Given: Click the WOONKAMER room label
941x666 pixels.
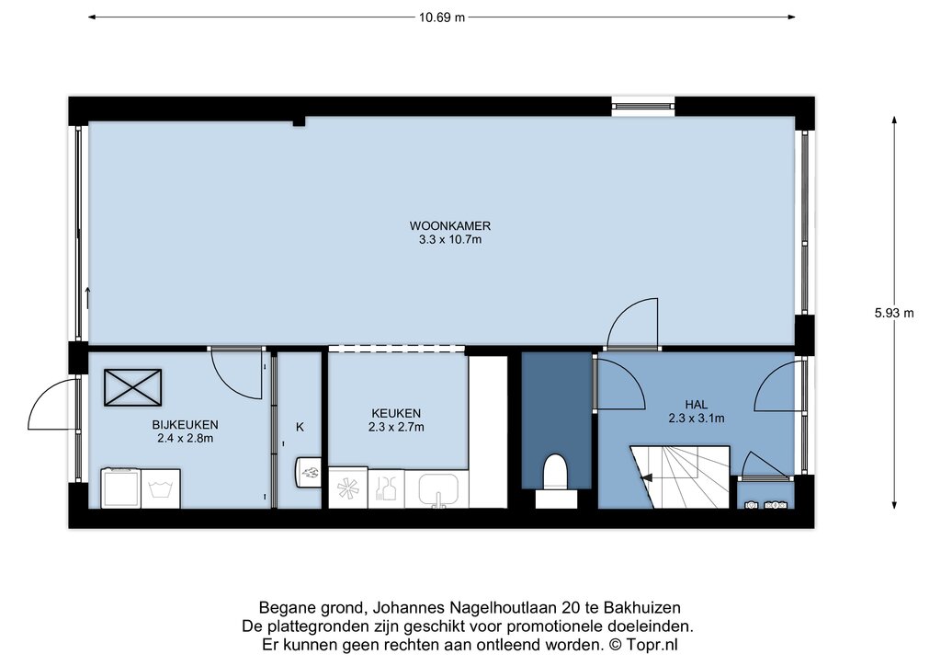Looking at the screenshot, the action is pyautogui.click(x=450, y=226).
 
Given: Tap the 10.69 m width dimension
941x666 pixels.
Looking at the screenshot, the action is pyautogui.click(x=442, y=17).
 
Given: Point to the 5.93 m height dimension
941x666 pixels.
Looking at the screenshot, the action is pyautogui.click(x=894, y=313).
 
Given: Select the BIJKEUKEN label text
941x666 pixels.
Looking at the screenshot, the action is pyautogui.click(x=185, y=425).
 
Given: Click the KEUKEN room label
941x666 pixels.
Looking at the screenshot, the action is pyautogui.click(x=396, y=413).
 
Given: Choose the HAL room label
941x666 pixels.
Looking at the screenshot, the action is pyautogui.click(x=697, y=405).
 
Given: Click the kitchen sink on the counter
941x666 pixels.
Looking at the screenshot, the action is pyautogui.click(x=436, y=489).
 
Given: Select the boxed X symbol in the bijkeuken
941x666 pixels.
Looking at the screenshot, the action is pyautogui.click(x=132, y=387).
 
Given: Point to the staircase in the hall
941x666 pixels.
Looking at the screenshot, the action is pyautogui.click(x=680, y=477).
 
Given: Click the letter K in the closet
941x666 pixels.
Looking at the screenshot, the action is pyautogui.click(x=300, y=427).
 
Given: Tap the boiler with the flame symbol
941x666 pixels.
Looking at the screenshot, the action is pyautogui.click(x=308, y=473).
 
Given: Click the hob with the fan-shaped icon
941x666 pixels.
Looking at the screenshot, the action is pyautogui.click(x=348, y=488).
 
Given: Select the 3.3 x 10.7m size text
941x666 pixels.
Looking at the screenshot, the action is pyautogui.click(x=450, y=240).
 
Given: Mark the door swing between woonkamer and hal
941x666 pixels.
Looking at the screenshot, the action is pyautogui.click(x=632, y=323).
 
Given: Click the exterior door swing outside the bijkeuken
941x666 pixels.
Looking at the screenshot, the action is pyautogui.click(x=52, y=405).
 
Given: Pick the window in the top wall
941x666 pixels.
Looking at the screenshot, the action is pyautogui.click(x=642, y=107).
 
